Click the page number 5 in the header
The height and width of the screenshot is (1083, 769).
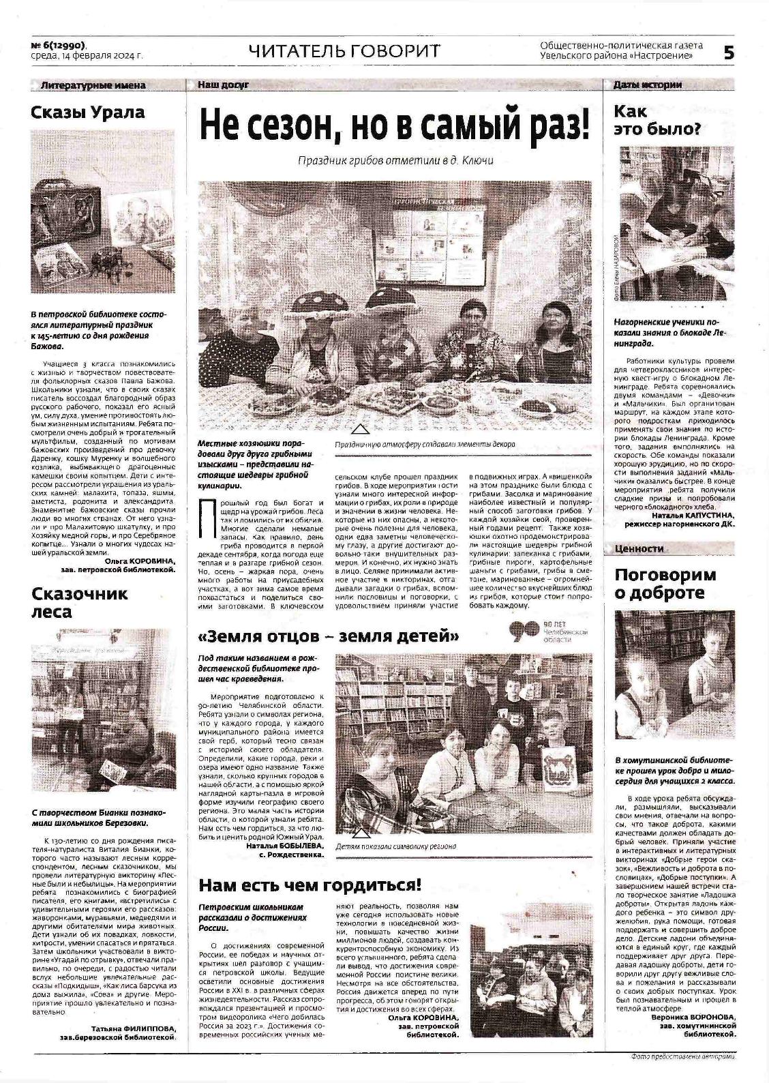click(728, 53)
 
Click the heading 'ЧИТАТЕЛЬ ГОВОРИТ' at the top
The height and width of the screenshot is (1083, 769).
click(344, 51)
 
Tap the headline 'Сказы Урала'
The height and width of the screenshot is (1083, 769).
click(88, 113)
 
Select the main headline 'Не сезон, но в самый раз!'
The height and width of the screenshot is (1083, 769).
click(394, 125)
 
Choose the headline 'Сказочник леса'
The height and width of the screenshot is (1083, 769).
click(80, 602)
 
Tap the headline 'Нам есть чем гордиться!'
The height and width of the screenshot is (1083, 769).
click(310, 885)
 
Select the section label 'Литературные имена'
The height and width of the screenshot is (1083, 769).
click(93, 85)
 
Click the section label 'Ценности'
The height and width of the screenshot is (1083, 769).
click(639, 548)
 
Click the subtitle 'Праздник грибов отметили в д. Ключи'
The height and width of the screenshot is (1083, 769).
click(395, 161)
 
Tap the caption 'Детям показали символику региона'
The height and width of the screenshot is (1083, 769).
click(396, 846)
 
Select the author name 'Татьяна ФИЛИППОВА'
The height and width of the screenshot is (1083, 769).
click(133, 1028)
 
